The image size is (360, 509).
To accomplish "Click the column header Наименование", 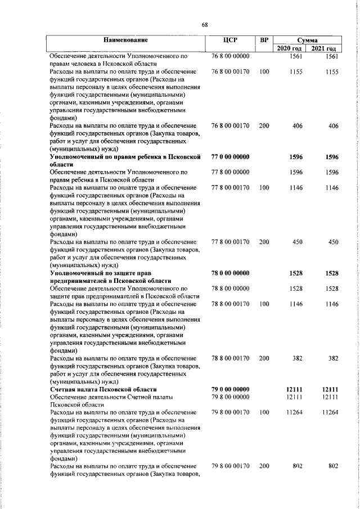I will [125, 40].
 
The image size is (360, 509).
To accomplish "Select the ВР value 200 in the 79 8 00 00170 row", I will [264, 466].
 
